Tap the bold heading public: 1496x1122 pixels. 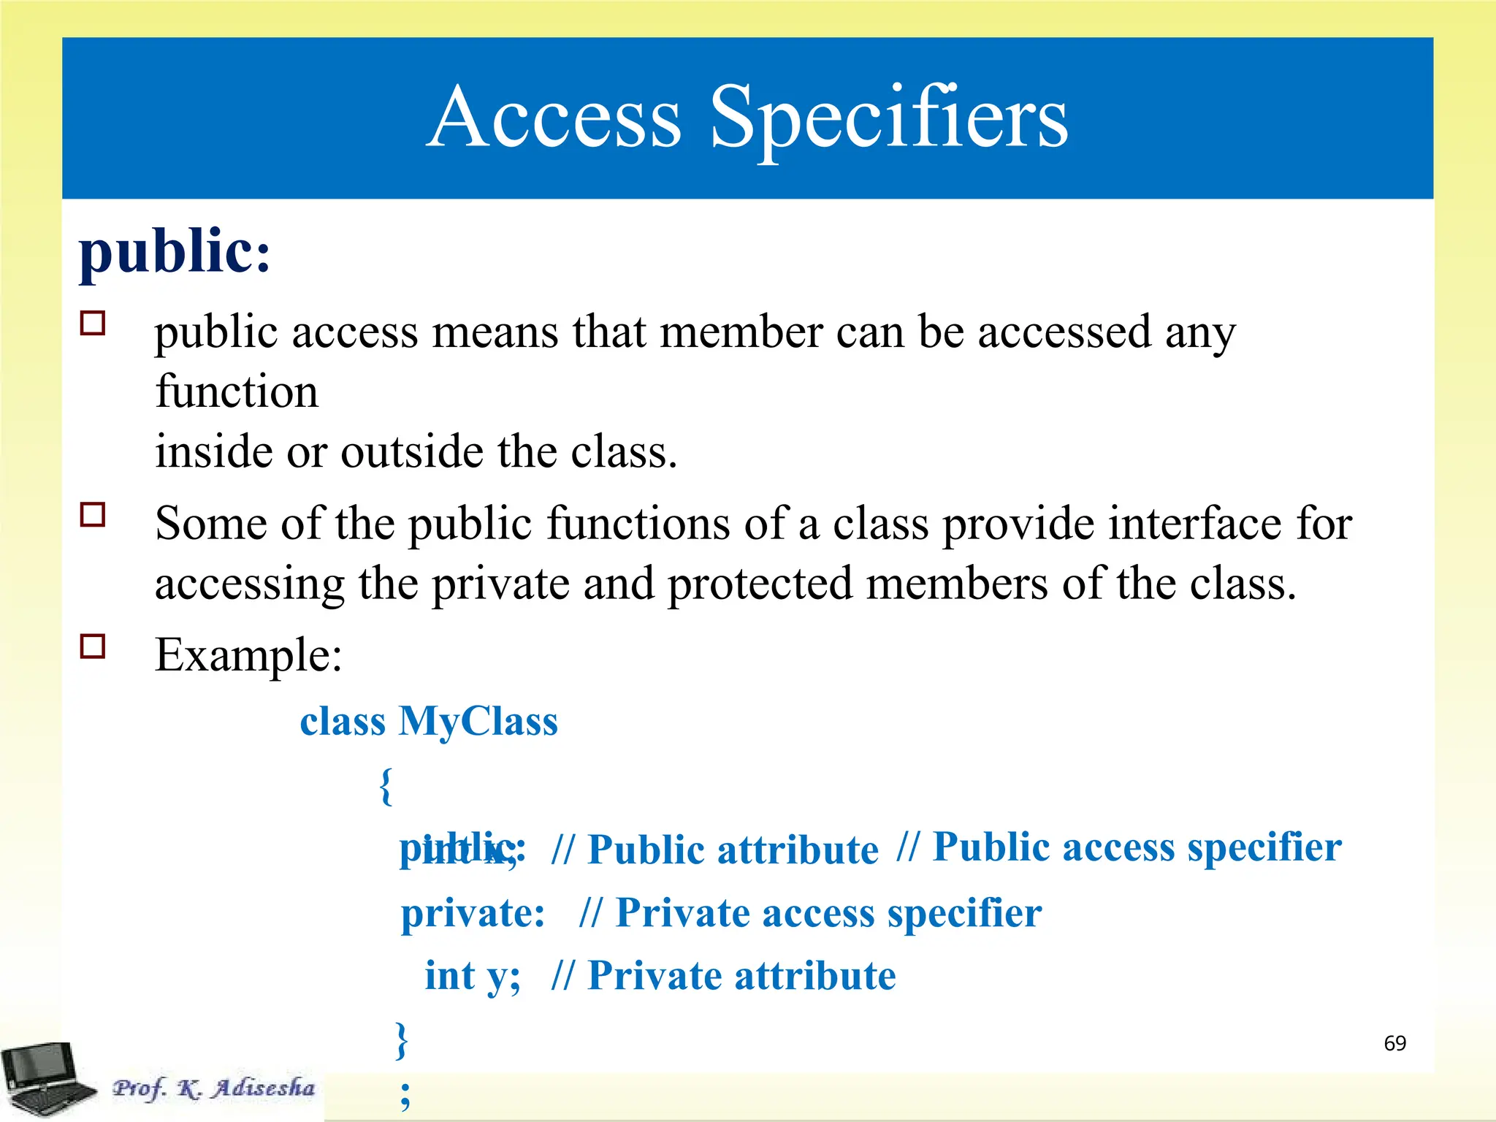[175, 252]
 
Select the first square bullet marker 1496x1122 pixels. [93, 323]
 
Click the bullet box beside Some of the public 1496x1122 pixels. [93, 514]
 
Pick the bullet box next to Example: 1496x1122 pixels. [93, 646]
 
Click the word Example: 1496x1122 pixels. [248, 654]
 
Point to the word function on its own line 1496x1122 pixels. [237, 392]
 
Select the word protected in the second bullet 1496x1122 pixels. [760, 584]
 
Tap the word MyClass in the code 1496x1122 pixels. [478, 722]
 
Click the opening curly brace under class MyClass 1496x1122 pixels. [386, 786]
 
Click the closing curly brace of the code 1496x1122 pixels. [401, 1040]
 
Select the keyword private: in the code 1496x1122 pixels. [473, 913]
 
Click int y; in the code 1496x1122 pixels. [473, 976]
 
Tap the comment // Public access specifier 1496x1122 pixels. [1119, 847]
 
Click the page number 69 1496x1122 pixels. [1394, 1043]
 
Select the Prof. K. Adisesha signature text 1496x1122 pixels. [213, 1088]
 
